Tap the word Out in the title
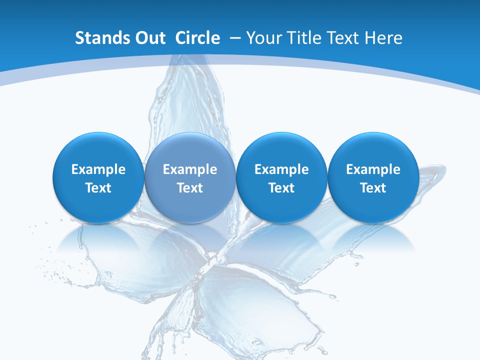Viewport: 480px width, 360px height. pyautogui.click(x=149, y=38)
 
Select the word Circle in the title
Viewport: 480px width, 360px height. pyautogui.click(x=197, y=38)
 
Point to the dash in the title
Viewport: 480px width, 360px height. pyautogui.click(x=234, y=38)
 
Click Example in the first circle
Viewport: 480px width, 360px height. pyautogui.click(x=98, y=169)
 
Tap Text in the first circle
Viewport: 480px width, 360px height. pyautogui.click(x=98, y=188)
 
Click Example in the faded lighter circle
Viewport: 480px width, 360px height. pyautogui.click(x=190, y=169)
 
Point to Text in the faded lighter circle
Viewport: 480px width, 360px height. pyautogui.click(x=190, y=188)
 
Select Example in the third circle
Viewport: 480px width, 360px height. pyautogui.click(x=281, y=169)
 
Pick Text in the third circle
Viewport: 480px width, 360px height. pyautogui.click(x=281, y=188)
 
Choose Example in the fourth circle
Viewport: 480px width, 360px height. pyautogui.click(x=373, y=169)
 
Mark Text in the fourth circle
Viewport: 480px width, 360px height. pyautogui.click(x=373, y=188)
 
